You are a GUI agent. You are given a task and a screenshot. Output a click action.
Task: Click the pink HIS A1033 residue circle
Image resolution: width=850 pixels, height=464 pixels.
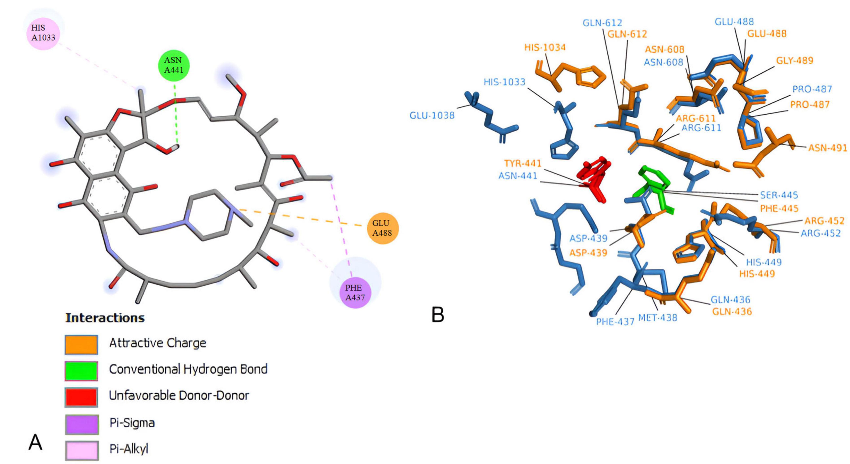pos(43,33)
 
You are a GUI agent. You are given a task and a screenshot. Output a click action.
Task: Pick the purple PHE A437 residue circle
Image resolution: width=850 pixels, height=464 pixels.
pos(355,292)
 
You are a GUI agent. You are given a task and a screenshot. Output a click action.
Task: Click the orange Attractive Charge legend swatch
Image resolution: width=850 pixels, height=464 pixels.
pos(81,345)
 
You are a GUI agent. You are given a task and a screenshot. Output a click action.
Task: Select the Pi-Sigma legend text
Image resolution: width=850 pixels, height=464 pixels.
pos(132,423)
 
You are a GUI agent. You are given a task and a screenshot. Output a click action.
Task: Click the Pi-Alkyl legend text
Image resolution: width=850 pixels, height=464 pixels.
pos(129,449)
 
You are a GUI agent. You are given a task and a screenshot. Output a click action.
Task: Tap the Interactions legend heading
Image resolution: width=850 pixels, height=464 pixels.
pos(105,318)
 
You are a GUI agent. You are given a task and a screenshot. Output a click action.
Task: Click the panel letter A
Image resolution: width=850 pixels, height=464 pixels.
pos(35,442)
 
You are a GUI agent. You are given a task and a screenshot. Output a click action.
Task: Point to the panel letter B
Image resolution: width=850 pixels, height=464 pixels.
pos(438,315)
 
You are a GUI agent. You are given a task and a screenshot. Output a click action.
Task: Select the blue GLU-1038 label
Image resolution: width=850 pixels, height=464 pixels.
pos(432,115)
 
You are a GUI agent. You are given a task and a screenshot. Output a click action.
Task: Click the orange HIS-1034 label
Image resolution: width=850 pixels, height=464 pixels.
pos(545,47)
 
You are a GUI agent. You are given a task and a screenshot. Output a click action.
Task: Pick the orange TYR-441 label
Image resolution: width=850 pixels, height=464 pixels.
pos(523,163)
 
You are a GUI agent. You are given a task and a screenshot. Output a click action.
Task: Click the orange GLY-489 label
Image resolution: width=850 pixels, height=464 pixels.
pos(794,60)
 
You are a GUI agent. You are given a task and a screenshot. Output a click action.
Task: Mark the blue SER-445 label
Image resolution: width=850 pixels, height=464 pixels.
pos(779,195)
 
